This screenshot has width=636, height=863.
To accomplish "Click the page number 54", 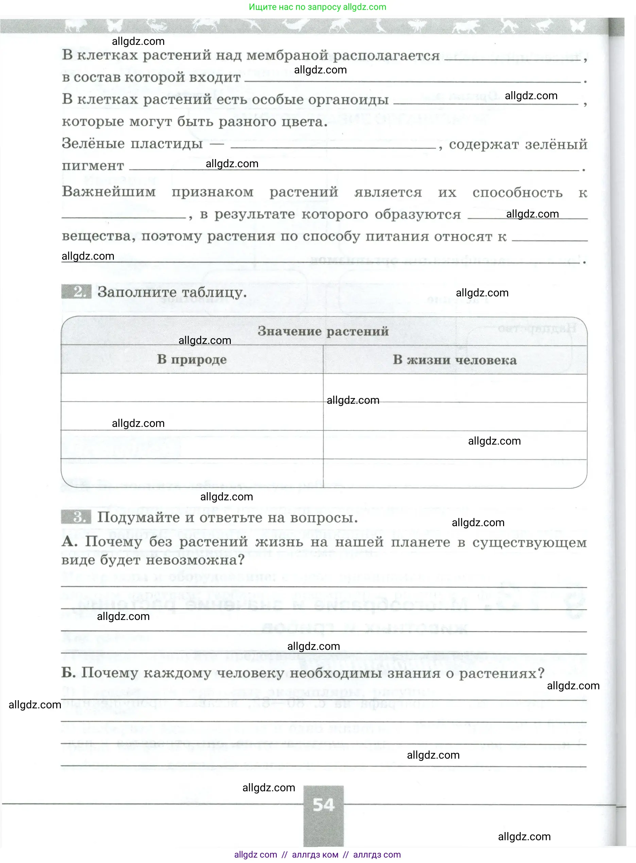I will click(323, 805).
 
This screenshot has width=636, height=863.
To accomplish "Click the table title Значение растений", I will click(323, 331).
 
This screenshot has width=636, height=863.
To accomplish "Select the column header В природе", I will click(192, 360).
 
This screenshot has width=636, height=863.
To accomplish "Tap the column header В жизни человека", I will click(455, 360).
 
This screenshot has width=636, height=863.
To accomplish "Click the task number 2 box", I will click(76, 292).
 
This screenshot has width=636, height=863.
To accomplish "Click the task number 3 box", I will click(76, 517).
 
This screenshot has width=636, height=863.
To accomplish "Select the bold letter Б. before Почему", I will click(69, 673).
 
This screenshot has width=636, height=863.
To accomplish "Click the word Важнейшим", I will click(109, 192).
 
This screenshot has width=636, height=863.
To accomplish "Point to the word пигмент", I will click(93, 166).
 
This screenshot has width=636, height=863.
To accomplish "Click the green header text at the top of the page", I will click(317, 7).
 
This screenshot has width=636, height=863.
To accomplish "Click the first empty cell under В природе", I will click(192, 387).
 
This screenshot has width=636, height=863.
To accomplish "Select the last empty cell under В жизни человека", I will click(455, 473).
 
